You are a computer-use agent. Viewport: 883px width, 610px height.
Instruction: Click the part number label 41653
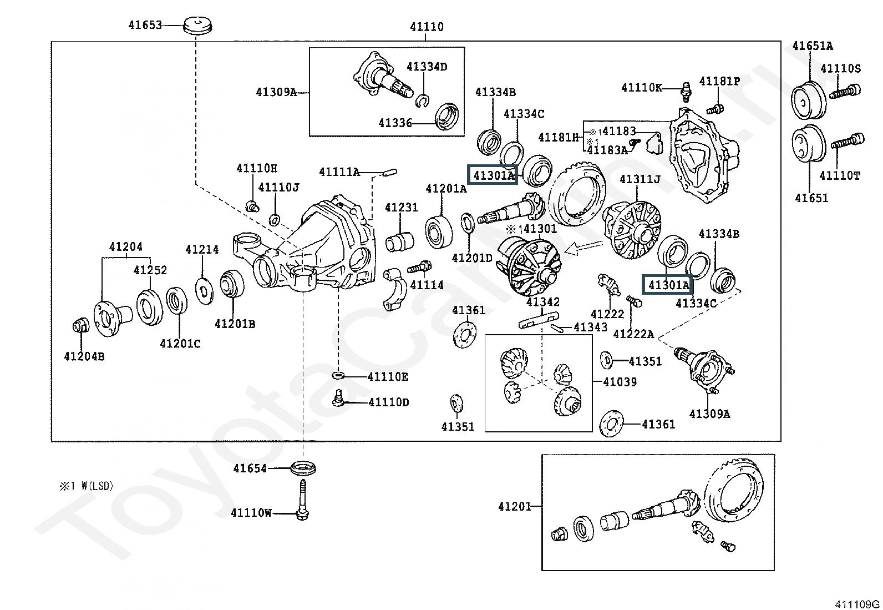[145, 25]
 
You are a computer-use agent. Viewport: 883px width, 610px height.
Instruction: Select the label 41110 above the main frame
[427, 27]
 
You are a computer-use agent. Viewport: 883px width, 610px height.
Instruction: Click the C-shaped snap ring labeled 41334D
[423, 100]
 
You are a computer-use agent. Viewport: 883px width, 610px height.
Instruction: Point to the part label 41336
[395, 123]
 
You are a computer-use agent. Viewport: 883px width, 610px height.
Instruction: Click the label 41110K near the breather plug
[642, 88]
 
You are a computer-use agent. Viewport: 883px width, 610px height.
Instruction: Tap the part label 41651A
[812, 46]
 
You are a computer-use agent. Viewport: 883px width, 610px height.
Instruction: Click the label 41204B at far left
[84, 356]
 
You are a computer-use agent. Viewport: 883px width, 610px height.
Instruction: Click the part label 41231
[401, 208]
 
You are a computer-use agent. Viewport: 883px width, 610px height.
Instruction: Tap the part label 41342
[542, 302]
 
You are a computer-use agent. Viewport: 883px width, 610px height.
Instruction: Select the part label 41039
[620, 382]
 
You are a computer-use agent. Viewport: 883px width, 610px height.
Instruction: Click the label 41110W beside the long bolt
[251, 513]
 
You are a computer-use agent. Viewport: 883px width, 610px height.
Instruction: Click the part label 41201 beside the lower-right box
[514, 506]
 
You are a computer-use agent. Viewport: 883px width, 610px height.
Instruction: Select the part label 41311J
[640, 179]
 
